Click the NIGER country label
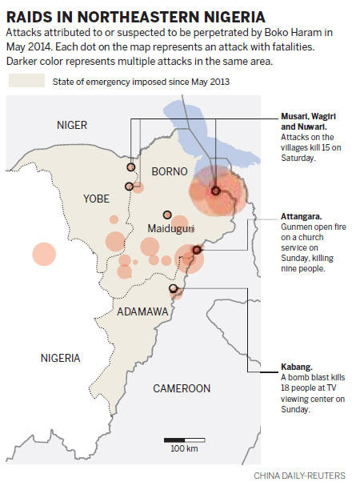(71, 125)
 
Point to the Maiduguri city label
(172, 229)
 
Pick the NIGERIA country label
(66, 357)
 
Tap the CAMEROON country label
(182, 388)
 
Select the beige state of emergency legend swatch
(26, 81)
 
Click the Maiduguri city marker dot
(167, 215)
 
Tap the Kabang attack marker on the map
(173, 288)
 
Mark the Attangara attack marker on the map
(197, 251)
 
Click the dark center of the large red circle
(215, 191)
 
